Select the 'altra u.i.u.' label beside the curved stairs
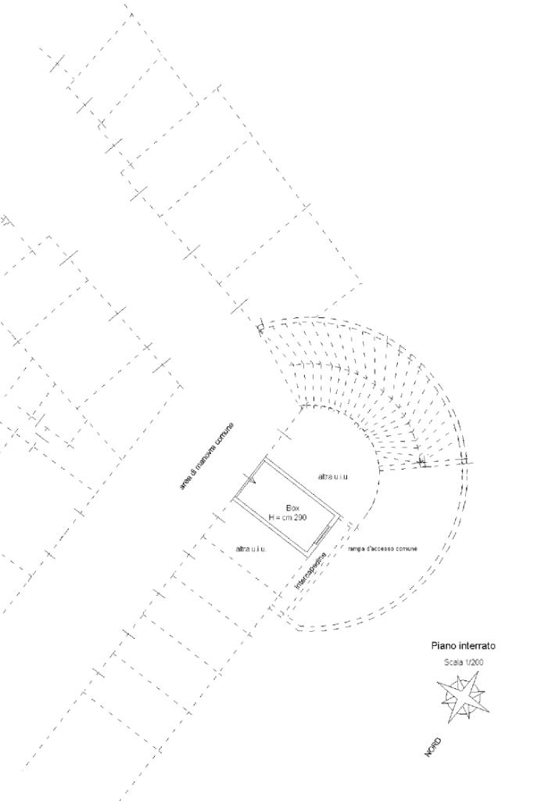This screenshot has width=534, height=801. [x=333, y=477]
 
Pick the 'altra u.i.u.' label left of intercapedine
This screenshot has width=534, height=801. [x=251, y=549]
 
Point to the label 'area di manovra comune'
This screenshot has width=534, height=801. [x=206, y=456]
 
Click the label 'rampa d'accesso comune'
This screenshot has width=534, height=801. [x=382, y=549]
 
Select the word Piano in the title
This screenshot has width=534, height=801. [x=443, y=646]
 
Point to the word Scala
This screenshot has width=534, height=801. [x=453, y=662]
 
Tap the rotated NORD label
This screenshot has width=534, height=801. [x=432, y=746]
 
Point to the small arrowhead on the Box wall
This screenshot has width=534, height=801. [x=252, y=481]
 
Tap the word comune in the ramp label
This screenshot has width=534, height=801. [x=407, y=549]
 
